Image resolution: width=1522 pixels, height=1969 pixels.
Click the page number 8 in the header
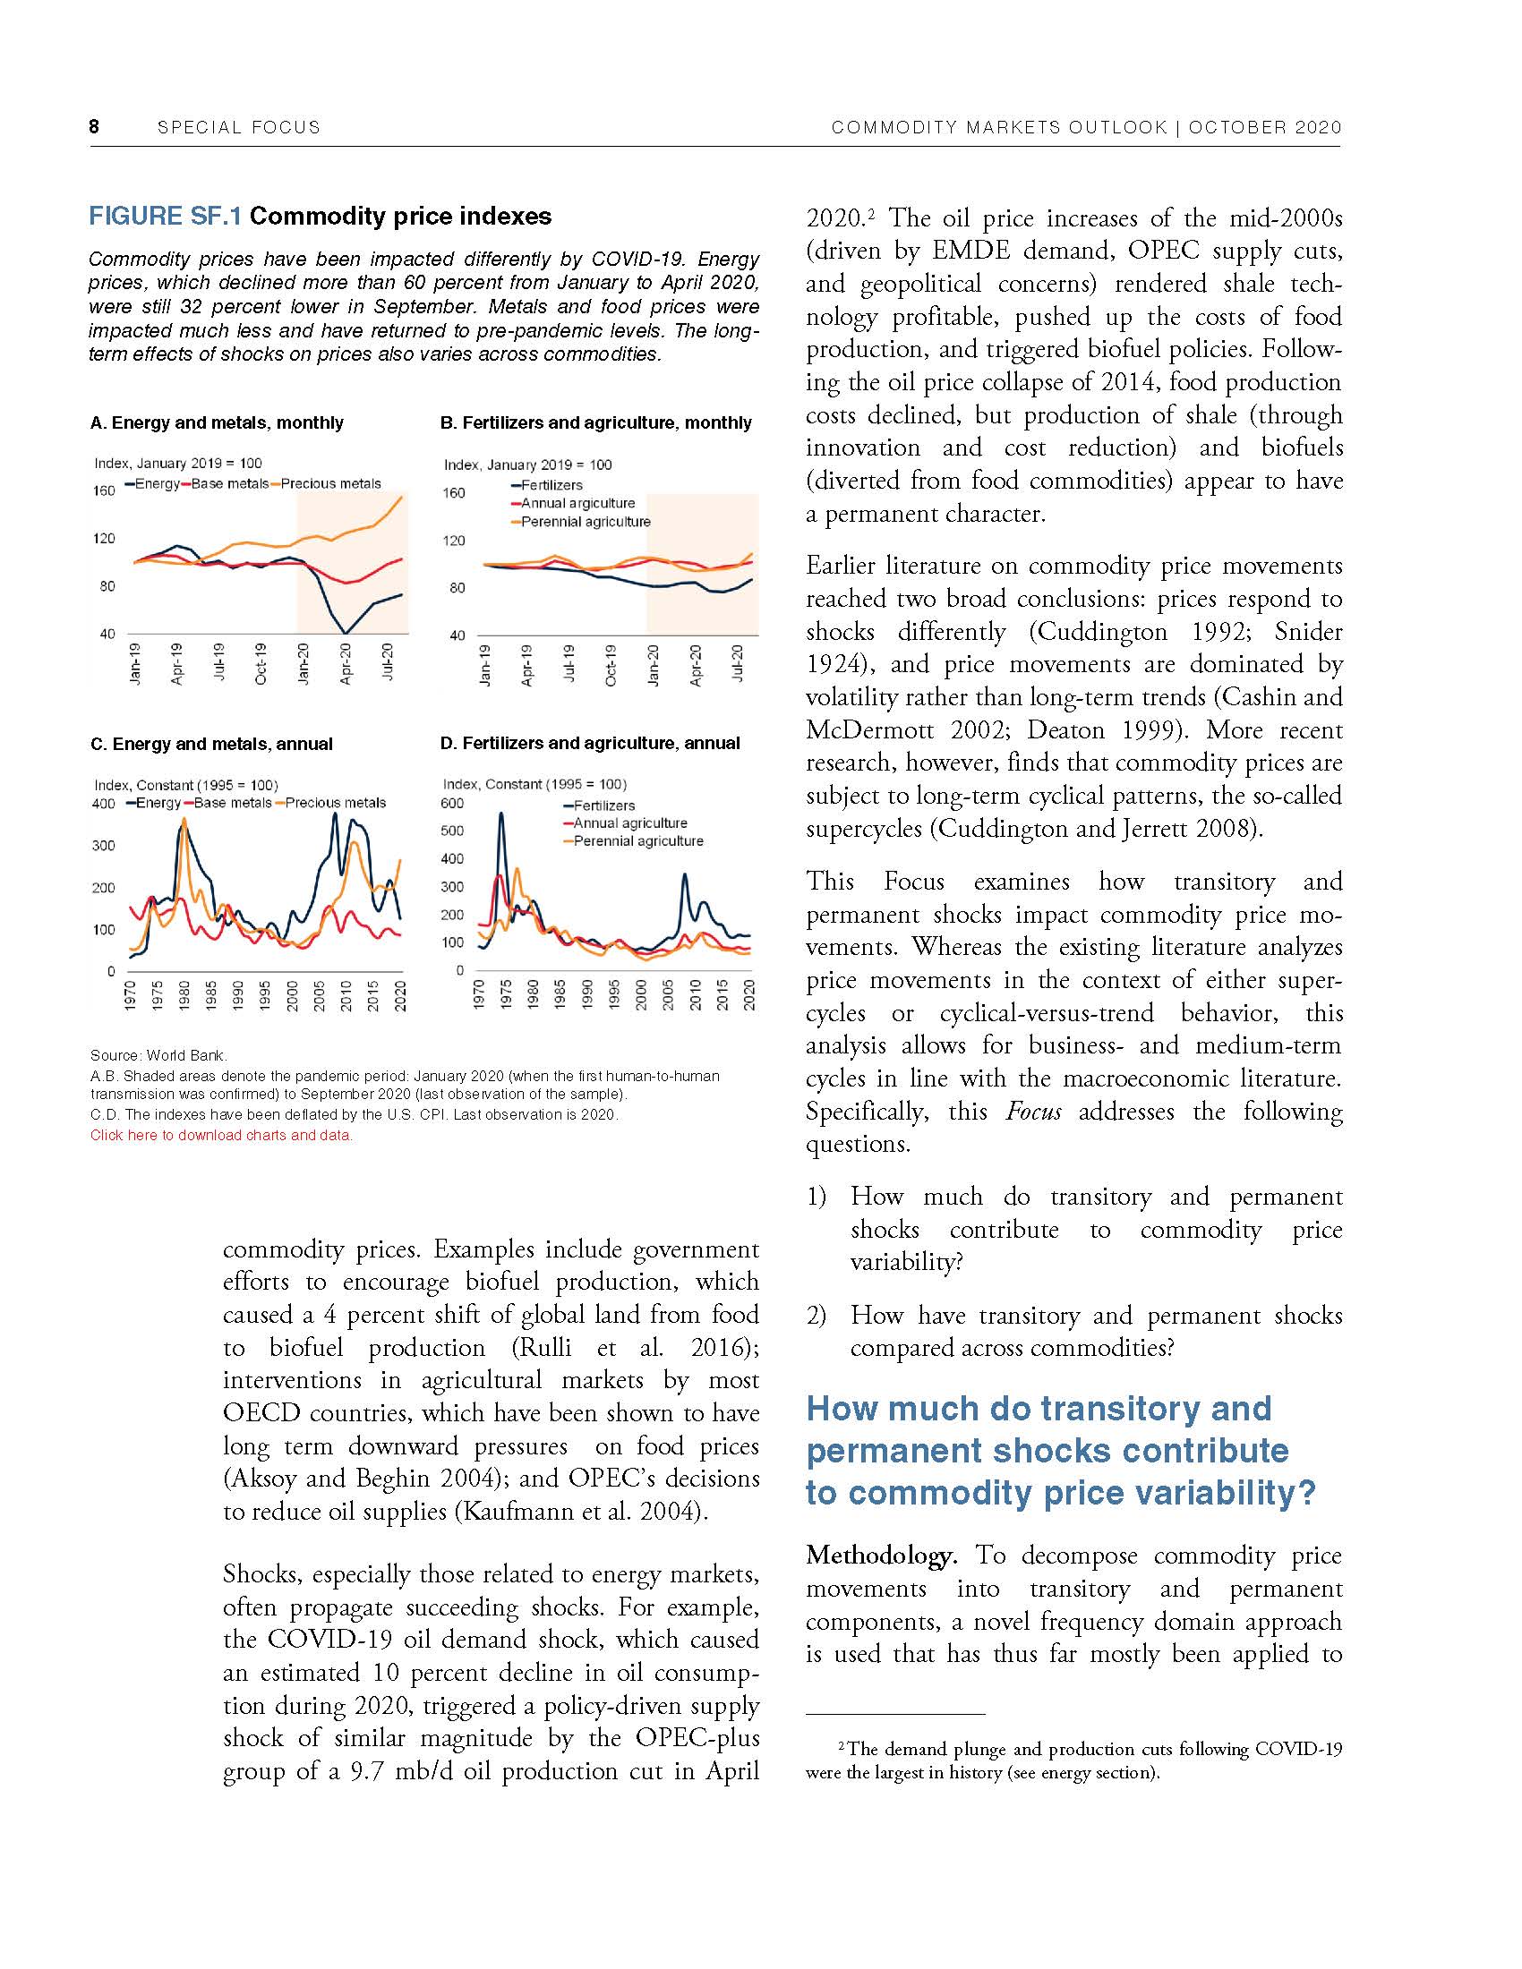[x=94, y=127]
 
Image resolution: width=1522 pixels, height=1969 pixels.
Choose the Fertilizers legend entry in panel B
[x=552, y=485]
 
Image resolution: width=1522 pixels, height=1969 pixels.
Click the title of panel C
[x=212, y=744]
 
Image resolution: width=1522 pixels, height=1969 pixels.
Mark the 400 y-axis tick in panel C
[x=104, y=804]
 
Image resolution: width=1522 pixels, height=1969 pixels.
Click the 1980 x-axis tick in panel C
[x=184, y=994]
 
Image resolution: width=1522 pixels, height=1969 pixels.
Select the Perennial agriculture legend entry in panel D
[x=638, y=841]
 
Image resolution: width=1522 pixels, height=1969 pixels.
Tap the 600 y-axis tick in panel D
[x=452, y=804]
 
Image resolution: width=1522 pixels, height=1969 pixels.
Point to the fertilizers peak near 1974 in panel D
[x=501, y=814]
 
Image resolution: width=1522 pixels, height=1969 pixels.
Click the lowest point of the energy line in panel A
[x=346, y=633]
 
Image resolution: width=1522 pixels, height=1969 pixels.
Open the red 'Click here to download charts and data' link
[x=221, y=1135]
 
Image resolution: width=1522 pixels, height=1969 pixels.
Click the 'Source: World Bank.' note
[x=158, y=1055]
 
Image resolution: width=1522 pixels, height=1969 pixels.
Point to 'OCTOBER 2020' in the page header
[x=1264, y=127]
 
